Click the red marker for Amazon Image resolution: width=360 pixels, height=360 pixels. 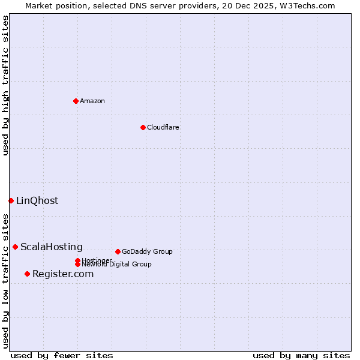76,101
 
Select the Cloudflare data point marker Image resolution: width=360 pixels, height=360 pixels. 143,127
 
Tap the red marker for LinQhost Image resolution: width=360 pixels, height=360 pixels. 11,200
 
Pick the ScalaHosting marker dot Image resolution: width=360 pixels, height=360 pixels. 15,247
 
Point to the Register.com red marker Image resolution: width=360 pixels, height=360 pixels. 27,274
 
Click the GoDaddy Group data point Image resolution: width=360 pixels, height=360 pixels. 118,251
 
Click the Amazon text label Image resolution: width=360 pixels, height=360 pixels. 92,101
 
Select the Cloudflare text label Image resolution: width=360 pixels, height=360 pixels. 163,127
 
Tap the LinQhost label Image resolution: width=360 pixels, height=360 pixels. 37,200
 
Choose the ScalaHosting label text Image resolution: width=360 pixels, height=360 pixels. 52,247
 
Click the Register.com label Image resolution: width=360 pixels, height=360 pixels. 63,274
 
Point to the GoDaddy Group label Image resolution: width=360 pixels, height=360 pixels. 147,251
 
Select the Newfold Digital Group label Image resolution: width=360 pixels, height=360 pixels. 116,264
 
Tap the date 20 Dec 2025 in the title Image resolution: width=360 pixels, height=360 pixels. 257,5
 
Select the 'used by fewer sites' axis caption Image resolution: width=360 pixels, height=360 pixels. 62,355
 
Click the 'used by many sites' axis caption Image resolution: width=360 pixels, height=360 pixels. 301,355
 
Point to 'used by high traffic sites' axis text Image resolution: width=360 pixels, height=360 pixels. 5,85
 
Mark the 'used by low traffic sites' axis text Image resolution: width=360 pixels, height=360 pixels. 5,281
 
